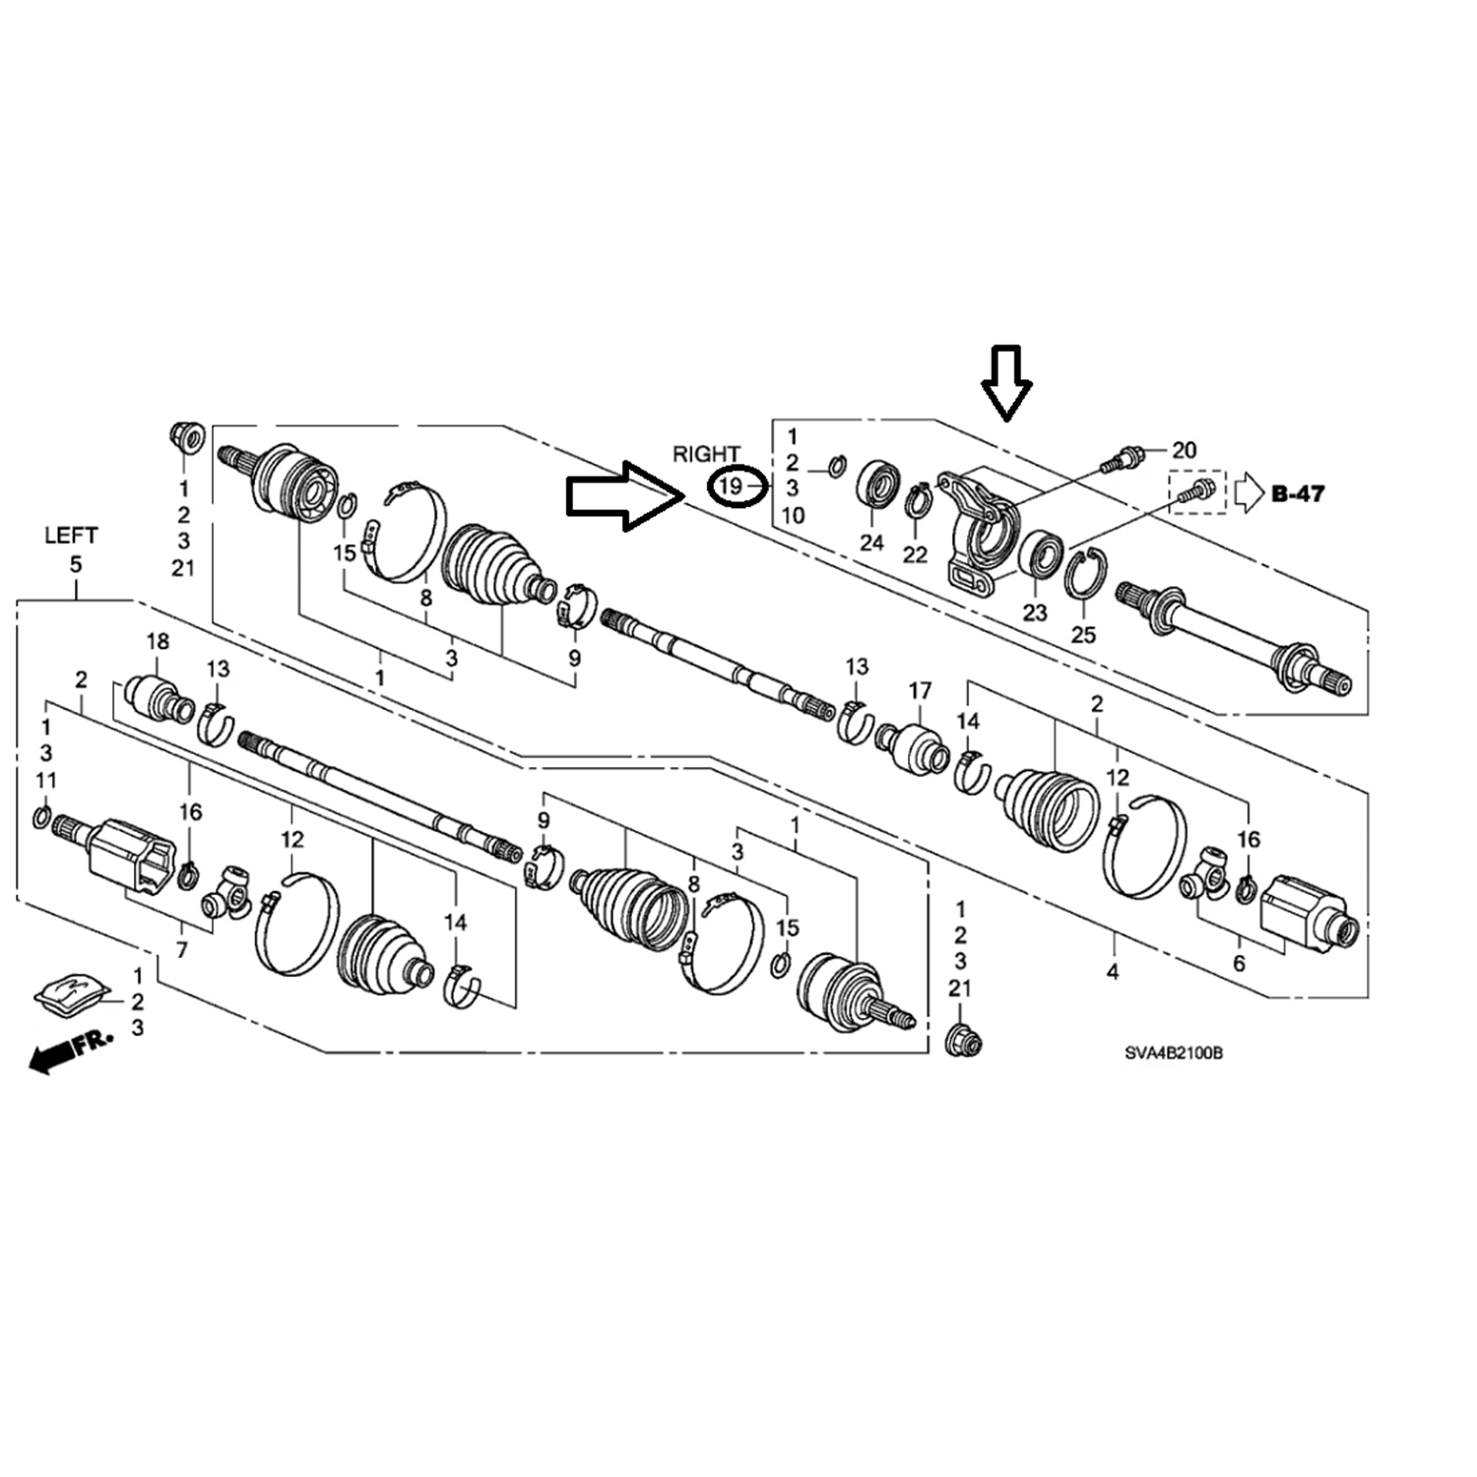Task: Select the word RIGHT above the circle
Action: (x=706, y=453)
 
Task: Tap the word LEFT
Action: (x=71, y=536)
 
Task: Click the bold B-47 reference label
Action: (x=1298, y=492)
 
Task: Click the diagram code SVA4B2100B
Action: (x=1174, y=1053)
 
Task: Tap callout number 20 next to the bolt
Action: (x=1184, y=450)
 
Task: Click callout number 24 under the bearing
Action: (x=871, y=542)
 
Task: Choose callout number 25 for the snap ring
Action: (x=1083, y=634)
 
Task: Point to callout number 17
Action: (x=920, y=690)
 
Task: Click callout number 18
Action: (x=158, y=641)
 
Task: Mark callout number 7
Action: (x=181, y=950)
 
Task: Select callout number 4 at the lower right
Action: (x=1113, y=972)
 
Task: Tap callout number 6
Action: (x=1239, y=962)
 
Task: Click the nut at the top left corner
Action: (x=184, y=434)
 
